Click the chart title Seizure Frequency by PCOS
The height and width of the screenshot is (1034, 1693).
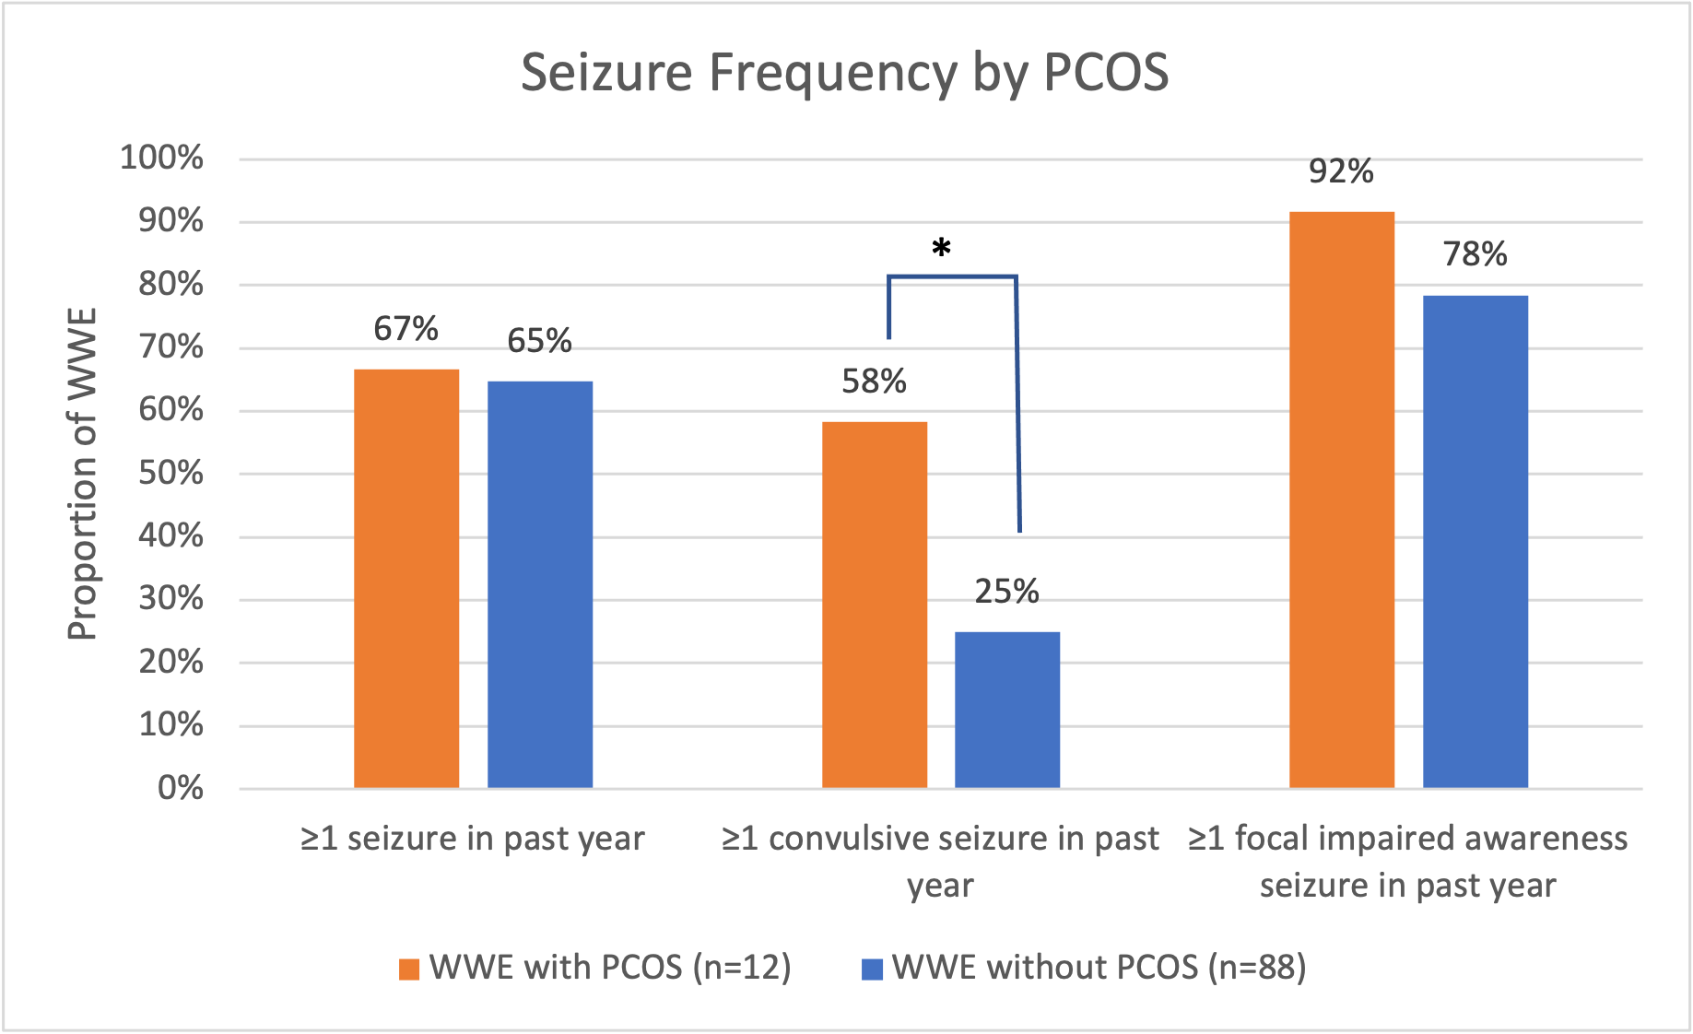coord(844,73)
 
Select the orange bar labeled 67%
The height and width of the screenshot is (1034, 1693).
coord(406,578)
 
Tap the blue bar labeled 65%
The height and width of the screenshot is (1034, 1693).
coord(540,584)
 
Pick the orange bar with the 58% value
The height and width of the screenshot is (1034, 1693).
coord(875,605)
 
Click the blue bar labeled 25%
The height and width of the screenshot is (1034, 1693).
coord(1007,709)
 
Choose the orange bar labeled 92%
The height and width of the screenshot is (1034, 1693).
coord(1342,499)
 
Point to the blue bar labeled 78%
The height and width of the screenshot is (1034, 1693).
coord(1475,541)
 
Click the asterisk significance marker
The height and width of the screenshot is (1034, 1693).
coord(941,249)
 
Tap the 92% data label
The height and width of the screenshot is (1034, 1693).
coord(1342,171)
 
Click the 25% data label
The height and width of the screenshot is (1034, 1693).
coord(1007,592)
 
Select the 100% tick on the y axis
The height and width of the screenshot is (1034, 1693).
coord(162,159)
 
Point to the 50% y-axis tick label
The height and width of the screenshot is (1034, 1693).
coord(170,474)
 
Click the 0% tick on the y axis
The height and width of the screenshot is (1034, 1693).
coord(181,788)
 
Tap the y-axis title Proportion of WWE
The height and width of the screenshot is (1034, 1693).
coord(83,475)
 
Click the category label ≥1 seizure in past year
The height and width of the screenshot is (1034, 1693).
coord(473,839)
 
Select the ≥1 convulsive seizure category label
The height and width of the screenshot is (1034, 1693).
coord(940,861)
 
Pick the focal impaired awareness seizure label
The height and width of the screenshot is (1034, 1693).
coord(1407,861)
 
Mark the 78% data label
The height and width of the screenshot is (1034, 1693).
coord(1475,254)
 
